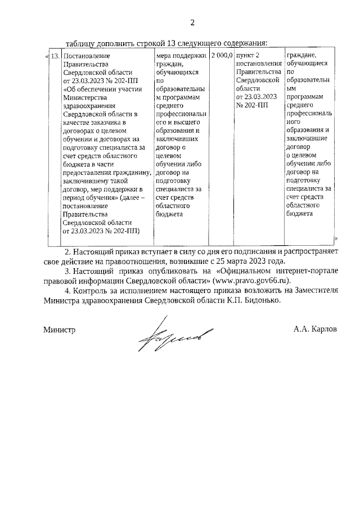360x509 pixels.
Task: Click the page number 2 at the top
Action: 192,22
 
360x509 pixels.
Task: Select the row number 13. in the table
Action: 55,56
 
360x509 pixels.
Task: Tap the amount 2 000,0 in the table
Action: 222,56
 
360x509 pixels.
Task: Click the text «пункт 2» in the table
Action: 248,56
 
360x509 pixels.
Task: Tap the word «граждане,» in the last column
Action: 303,56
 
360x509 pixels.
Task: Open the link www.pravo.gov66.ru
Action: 254,280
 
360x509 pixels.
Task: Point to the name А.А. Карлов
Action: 314,329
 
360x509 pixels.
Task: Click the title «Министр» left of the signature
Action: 59,329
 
